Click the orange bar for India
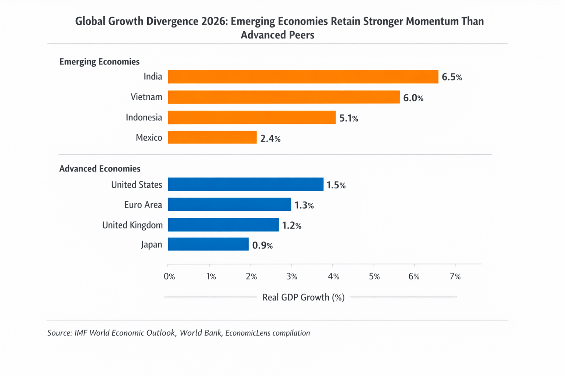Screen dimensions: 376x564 (303, 77)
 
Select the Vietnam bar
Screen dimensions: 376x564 (283, 97)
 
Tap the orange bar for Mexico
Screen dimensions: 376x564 (212, 137)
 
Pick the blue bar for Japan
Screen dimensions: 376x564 (208, 244)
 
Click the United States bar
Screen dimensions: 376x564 (246, 184)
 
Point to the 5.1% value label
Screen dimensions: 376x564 (348, 118)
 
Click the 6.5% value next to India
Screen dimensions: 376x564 (452, 77)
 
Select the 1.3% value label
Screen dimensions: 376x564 (304, 205)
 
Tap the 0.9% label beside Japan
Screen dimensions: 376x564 (262, 245)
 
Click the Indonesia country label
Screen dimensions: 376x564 (144, 117)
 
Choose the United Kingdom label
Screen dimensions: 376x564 (132, 225)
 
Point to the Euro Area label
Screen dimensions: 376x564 (143, 205)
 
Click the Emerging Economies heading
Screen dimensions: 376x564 (100, 62)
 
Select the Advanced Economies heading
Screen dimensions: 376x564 (100, 169)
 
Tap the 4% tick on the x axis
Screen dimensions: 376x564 (333, 276)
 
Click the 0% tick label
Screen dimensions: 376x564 (169, 276)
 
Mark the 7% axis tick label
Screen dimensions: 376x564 (455, 276)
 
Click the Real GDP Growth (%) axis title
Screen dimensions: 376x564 (303, 297)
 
